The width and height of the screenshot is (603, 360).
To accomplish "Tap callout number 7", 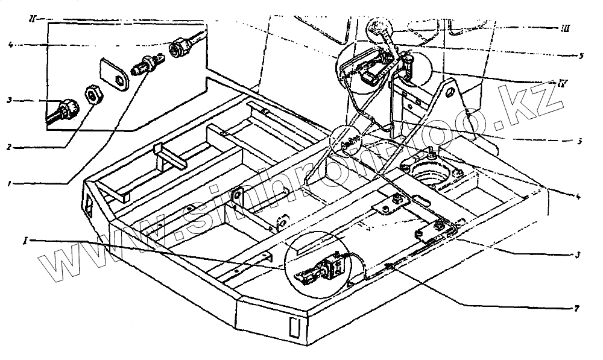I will [x=577, y=309].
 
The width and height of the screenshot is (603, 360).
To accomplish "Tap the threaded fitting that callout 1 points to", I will [x=145, y=64].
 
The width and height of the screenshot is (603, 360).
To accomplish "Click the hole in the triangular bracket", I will [x=449, y=93].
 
